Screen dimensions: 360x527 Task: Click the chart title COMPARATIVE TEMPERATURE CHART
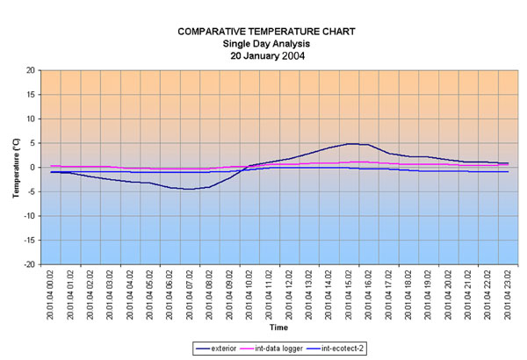267,32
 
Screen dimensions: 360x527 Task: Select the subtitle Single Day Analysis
267,43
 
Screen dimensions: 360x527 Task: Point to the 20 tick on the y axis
30,70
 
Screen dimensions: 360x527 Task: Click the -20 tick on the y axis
28,264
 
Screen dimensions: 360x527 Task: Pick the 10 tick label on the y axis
30,119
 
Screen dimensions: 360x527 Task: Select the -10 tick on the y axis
28,216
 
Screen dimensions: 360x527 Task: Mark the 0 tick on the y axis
32,168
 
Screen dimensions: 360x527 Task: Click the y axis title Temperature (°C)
15,167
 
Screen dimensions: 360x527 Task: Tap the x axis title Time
278,327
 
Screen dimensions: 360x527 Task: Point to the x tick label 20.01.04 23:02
509,295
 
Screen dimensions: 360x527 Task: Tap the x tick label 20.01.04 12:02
291,295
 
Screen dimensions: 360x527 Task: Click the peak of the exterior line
350,143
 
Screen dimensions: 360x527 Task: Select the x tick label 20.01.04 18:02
409,295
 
